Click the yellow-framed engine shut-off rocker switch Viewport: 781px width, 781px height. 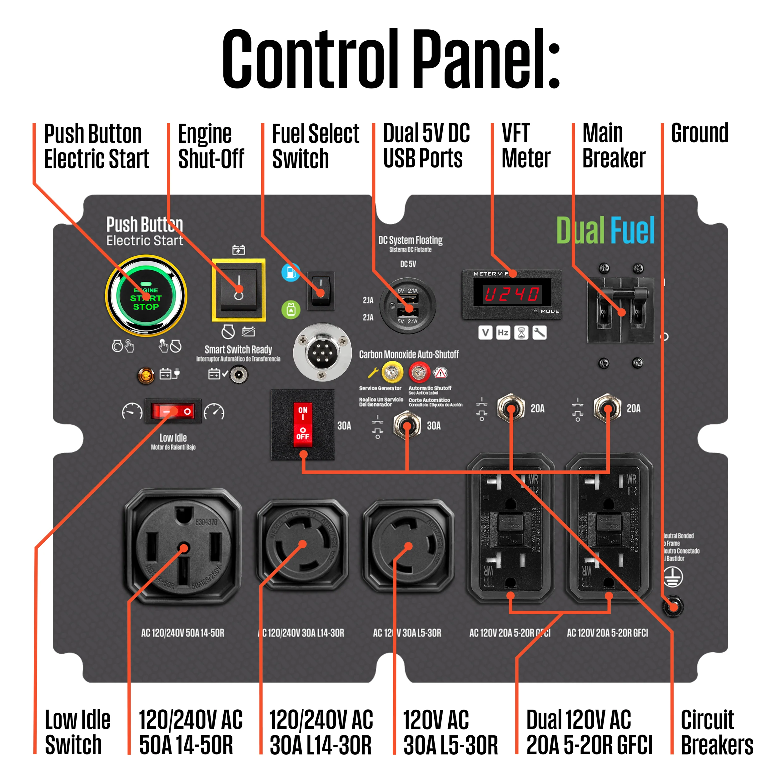pyautogui.click(x=238, y=290)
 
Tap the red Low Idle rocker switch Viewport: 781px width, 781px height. pyautogui.click(x=173, y=411)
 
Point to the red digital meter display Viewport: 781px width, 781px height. pyautogui.click(x=512, y=294)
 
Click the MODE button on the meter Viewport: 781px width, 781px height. pyautogui.click(x=536, y=311)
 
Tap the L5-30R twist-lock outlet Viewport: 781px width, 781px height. pyautogui.click(x=408, y=546)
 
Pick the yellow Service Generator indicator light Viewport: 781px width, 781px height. pyautogui.click(x=392, y=372)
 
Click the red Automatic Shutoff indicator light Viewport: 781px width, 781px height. pyautogui.click(x=419, y=372)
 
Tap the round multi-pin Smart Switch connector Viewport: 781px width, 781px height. pyautogui.click(x=322, y=352)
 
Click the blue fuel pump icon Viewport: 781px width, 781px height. pyautogui.click(x=291, y=272)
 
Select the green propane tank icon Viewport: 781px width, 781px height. pyautogui.click(x=291, y=310)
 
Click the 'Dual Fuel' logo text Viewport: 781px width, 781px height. pyautogui.click(x=605, y=231)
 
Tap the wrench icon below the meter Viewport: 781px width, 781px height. pyautogui.click(x=540, y=333)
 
